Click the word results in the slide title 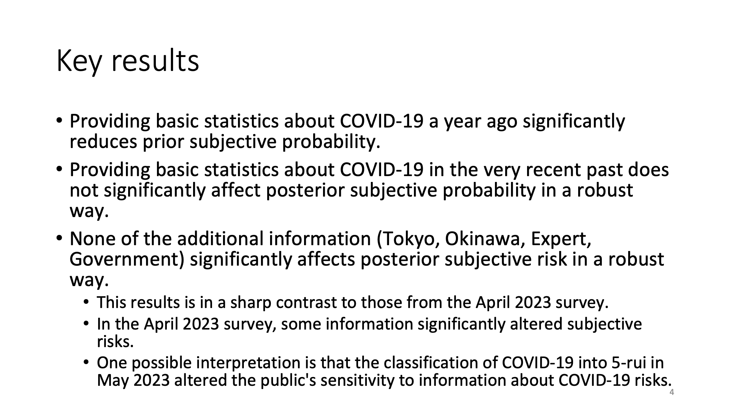[155, 61]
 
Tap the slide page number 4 [672, 393]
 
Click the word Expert [561, 239]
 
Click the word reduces [103, 141]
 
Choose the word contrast [306, 303]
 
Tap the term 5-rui [627, 363]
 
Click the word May [113, 381]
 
